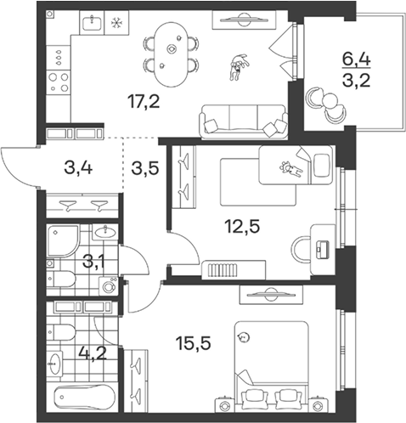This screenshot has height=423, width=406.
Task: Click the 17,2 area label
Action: click(144, 102)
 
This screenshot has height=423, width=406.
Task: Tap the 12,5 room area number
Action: click(242, 226)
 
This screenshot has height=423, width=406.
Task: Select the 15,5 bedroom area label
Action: click(193, 343)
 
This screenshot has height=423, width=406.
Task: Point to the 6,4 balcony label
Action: click(356, 59)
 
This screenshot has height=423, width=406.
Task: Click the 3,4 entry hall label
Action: click(78, 168)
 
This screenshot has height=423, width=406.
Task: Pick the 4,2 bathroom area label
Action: click(93, 352)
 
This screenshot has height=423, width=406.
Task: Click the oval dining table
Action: click(171, 54)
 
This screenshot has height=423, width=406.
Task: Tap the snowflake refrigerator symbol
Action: click(116, 23)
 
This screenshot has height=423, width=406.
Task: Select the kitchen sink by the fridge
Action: click(92, 23)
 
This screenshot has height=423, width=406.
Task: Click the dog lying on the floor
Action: click(239, 67)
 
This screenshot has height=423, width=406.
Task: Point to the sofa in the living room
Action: click(243, 121)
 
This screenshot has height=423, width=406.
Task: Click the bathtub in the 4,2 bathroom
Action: click(85, 398)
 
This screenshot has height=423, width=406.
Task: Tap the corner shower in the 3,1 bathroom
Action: click(62, 241)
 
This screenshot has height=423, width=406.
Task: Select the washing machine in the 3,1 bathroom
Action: click(108, 286)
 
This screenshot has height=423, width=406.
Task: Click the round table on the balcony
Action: click(330, 101)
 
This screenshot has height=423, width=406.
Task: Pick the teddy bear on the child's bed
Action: click(291, 169)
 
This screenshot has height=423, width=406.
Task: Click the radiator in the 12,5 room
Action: click(223, 270)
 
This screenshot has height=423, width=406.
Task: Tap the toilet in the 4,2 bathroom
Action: click(60, 332)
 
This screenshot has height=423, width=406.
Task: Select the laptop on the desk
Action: click(323, 250)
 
